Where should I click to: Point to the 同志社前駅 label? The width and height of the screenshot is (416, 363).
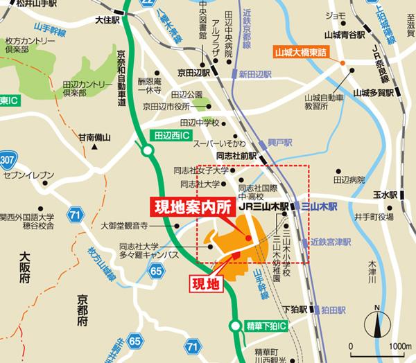click(x=236, y=157)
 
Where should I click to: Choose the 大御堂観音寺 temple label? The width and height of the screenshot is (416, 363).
click(x=124, y=225)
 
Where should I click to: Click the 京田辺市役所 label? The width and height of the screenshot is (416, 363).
click(x=166, y=106)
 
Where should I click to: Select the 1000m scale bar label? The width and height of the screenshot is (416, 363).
click(x=401, y=346)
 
